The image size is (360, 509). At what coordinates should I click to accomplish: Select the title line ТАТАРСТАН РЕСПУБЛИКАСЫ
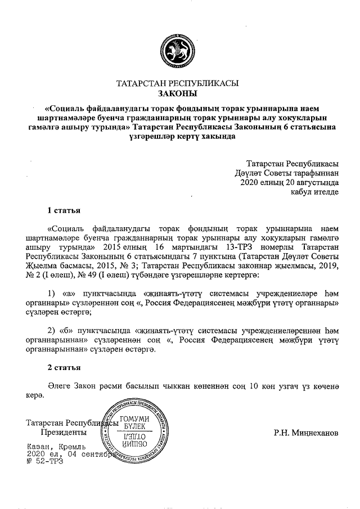pos(177,83)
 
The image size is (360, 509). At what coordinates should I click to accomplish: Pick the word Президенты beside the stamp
pos(64,433)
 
